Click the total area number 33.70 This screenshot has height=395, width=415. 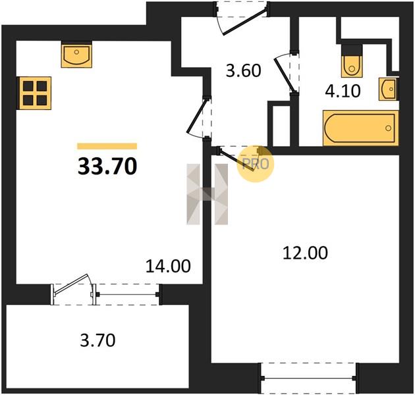[107, 166]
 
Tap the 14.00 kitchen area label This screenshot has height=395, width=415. [168, 266]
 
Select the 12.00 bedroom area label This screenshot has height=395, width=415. [305, 253]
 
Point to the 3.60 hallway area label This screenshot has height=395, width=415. [244, 70]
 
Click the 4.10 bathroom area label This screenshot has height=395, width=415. [343, 91]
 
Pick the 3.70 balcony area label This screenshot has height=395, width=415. [97, 340]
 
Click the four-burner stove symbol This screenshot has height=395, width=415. [34, 93]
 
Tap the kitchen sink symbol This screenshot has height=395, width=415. [77, 56]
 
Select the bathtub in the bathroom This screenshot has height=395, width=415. [360, 128]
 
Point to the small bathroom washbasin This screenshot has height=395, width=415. [388, 89]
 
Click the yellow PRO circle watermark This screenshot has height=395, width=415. [255, 164]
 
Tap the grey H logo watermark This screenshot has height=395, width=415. [207, 194]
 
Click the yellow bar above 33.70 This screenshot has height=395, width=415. [107, 146]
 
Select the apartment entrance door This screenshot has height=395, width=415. [244, 22]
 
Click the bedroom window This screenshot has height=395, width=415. [309, 378]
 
